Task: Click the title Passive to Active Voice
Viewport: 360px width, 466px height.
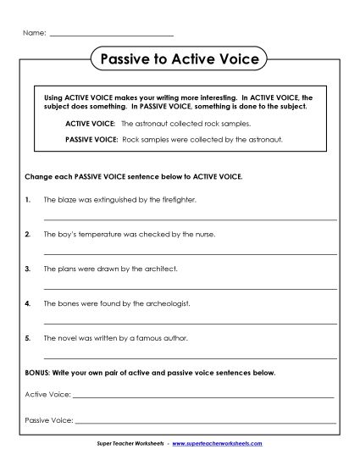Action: pyautogui.click(x=180, y=60)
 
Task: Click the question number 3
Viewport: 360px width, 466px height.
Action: pyautogui.click(x=28, y=269)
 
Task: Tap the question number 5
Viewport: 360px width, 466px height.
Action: pyautogui.click(x=28, y=336)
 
